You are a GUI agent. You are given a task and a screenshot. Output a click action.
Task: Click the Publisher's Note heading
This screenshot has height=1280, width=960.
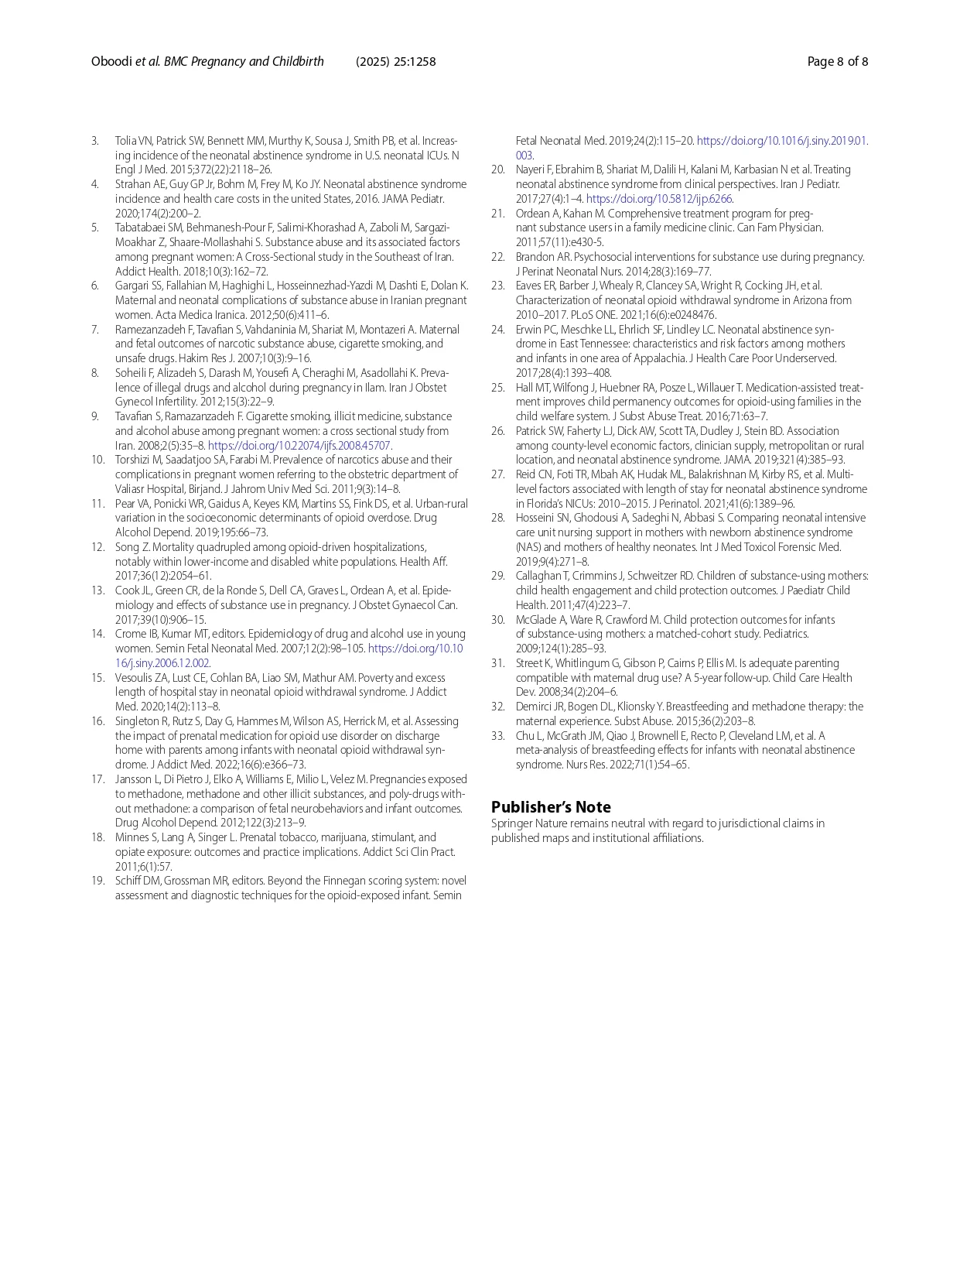tap(551, 807)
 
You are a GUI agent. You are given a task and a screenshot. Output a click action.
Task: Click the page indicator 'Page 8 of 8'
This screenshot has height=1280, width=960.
tap(837, 62)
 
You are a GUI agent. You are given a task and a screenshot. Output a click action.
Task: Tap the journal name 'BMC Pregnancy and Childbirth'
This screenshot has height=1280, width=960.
tap(244, 62)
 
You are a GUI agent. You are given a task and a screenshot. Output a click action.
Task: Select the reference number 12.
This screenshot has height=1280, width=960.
tap(97, 547)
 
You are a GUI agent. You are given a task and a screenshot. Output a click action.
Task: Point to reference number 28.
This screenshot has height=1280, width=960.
tap(497, 518)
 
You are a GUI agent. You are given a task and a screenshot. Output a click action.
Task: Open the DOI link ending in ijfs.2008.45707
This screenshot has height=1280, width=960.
tap(299, 446)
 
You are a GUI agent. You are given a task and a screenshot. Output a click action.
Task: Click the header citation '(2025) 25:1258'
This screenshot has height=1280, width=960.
tap(395, 62)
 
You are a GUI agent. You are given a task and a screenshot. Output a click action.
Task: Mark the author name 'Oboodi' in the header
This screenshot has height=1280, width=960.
tap(111, 62)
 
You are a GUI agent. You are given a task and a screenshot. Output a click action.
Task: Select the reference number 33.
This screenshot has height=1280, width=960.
tap(497, 736)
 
